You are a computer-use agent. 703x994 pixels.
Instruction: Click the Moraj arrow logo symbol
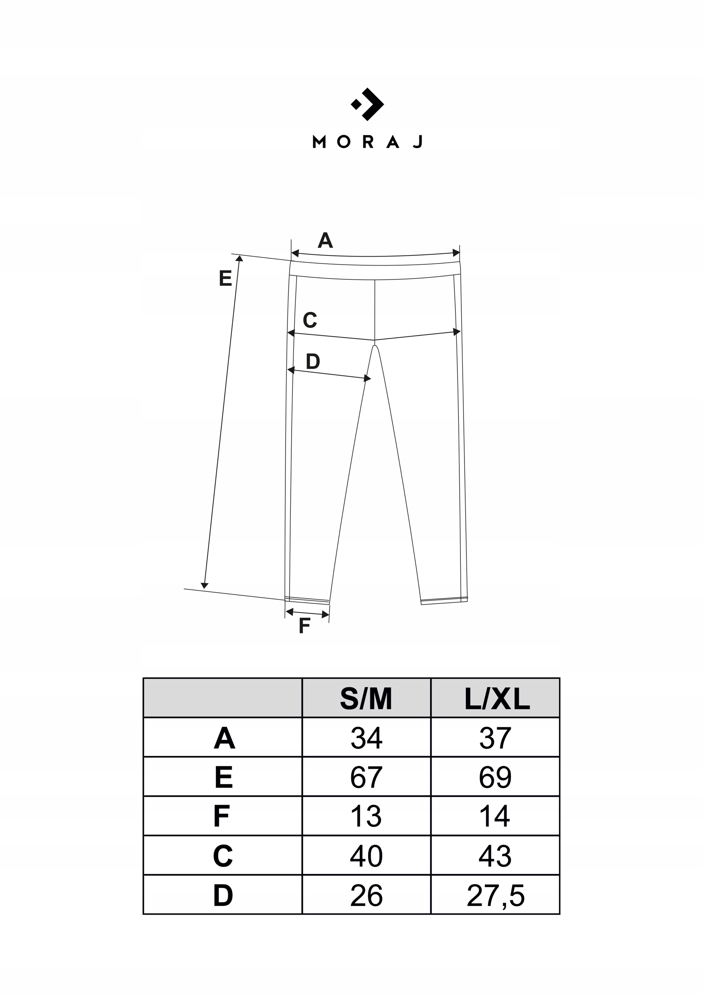pyautogui.click(x=367, y=104)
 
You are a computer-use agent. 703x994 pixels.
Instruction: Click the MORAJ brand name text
pyautogui.click(x=367, y=142)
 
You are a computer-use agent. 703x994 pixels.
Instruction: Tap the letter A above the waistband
pyautogui.click(x=325, y=240)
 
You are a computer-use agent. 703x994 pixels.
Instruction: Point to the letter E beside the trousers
pyautogui.click(x=225, y=278)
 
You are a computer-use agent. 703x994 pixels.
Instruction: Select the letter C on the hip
pyautogui.click(x=310, y=320)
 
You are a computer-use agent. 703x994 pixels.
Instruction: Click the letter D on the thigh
pyautogui.click(x=312, y=361)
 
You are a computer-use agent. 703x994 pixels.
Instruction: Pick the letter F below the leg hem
pyautogui.click(x=305, y=626)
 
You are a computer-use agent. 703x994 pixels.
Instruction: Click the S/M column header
pyautogui.click(x=366, y=699)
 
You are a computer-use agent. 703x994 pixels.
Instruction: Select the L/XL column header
pyautogui.click(x=496, y=699)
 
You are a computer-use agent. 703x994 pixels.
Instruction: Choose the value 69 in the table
pyautogui.click(x=495, y=778)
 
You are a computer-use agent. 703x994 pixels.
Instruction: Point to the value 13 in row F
pyautogui.click(x=366, y=817)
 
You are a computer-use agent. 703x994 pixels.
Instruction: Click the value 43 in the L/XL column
pyautogui.click(x=495, y=856)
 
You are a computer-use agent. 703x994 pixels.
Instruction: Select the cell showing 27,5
pyautogui.click(x=496, y=896)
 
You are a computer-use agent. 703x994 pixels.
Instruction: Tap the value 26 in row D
pyautogui.click(x=366, y=896)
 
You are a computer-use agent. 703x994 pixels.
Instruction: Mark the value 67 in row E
pyautogui.click(x=366, y=778)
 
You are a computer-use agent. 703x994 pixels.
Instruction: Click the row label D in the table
pyautogui.click(x=223, y=896)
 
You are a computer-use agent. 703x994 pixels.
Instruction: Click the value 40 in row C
pyautogui.click(x=366, y=856)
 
